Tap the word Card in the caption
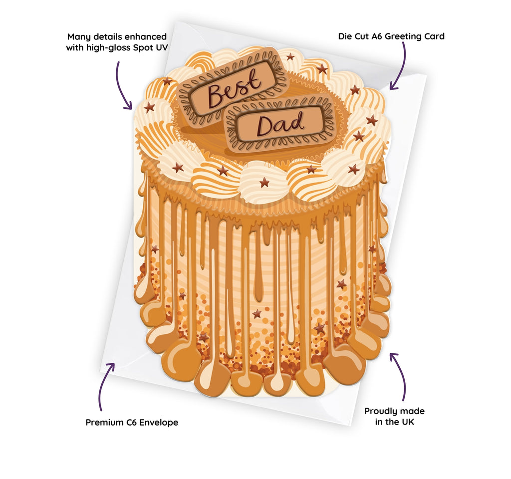433,36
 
